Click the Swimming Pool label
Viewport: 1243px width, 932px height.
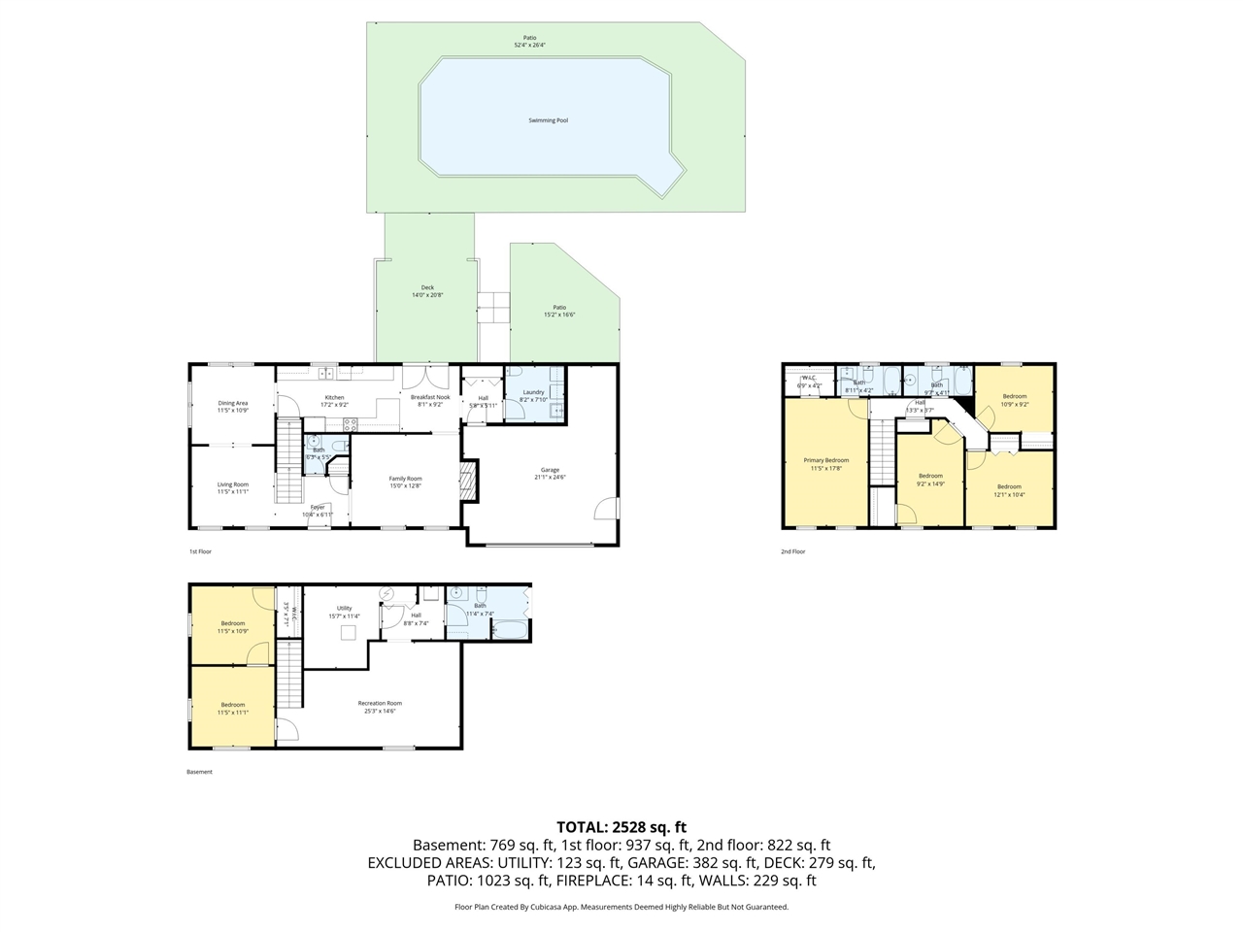pos(548,120)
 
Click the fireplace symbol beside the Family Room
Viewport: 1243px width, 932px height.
pos(468,481)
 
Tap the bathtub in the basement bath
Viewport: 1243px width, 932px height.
pos(510,631)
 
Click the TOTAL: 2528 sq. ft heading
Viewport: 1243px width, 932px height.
pos(621,827)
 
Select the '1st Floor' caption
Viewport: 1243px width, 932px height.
pos(200,551)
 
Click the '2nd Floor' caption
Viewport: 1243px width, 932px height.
pos(793,551)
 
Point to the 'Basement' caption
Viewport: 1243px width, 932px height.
pos(199,772)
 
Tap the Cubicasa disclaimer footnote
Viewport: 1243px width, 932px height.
pos(621,907)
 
